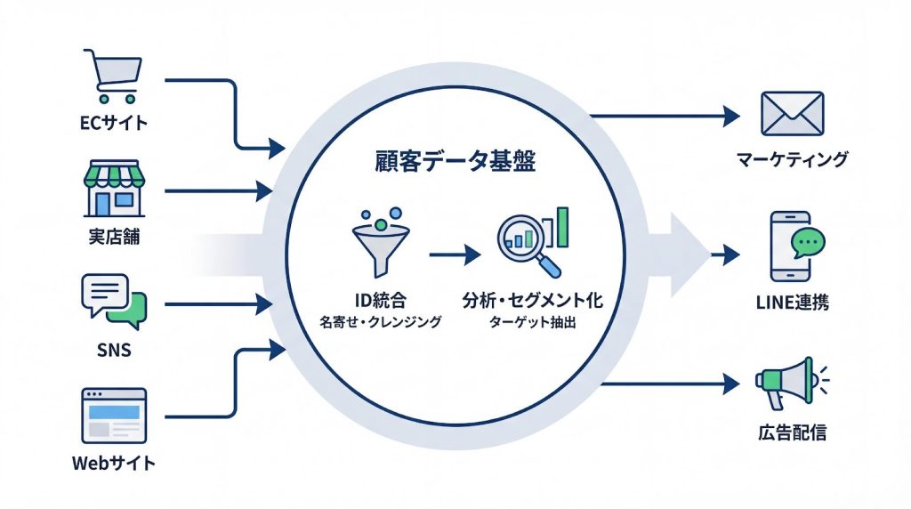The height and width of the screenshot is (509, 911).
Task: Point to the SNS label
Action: (113, 350)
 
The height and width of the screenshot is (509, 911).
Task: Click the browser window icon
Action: (113, 415)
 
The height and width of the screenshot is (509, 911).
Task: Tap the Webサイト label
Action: (113, 463)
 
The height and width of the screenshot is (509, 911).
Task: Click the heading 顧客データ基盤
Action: (455, 164)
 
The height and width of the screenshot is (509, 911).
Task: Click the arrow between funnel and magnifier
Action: (454, 254)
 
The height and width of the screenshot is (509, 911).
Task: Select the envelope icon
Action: (793, 114)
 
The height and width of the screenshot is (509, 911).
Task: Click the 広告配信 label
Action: (788, 433)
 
